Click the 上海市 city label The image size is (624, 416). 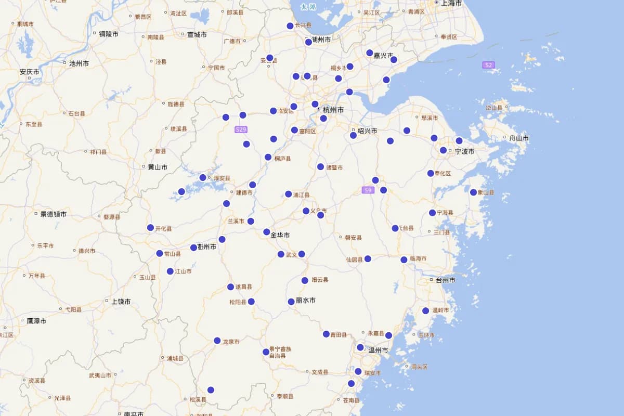(x=451, y=3)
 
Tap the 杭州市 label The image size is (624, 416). (x=333, y=110)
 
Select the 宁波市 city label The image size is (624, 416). (x=464, y=151)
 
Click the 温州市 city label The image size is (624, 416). (x=378, y=350)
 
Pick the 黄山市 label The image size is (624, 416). (x=158, y=167)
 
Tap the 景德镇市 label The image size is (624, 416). (x=53, y=214)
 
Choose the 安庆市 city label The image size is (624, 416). (x=30, y=72)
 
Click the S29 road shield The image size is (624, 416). (x=241, y=129)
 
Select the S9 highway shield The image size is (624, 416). (x=368, y=190)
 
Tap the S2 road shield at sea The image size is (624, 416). (x=488, y=65)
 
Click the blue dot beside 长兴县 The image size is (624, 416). (x=290, y=26)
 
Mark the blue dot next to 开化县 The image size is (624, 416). (x=150, y=228)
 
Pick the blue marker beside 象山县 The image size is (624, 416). (x=473, y=192)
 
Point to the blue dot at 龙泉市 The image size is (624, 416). (x=217, y=341)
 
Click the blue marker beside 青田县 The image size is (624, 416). (x=326, y=334)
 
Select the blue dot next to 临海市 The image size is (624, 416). (x=404, y=259)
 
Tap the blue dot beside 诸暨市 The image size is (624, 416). (x=320, y=166)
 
